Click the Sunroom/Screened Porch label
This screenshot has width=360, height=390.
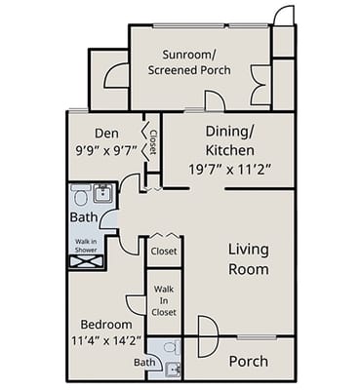pyautogui.click(x=189, y=62)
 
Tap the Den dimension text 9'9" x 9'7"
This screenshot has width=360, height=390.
pyautogui.click(x=106, y=150)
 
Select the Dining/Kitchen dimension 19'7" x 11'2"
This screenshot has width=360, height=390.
pyautogui.click(x=230, y=169)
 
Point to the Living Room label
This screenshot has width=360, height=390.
pyautogui.click(x=249, y=259)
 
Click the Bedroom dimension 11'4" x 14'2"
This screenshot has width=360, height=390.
pyautogui.click(x=106, y=340)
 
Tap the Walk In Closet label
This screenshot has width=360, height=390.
pyautogui.click(x=164, y=300)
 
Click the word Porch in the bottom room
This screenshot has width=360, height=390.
pyautogui.click(x=249, y=362)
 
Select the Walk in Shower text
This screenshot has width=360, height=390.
pyautogui.click(x=86, y=246)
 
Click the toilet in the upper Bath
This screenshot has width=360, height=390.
pyautogui.click(x=80, y=195)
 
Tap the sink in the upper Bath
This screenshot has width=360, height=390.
pyautogui.click(x=103, y=194)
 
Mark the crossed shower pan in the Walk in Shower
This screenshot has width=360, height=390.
pyautogui.click(x=86, y=262)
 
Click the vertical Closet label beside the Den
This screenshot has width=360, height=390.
pyautogui.click(x=153, y=142)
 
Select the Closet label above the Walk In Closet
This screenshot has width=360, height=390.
pyautogui.click(x=164, y=252)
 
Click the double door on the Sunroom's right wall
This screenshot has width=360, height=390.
pyautogui.click(x=260, y=85)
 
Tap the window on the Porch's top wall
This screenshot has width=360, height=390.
pyautogui.click(x=257, y=337)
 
